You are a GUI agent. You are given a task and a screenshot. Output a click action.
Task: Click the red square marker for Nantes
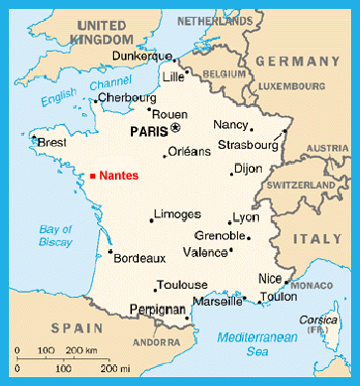92,176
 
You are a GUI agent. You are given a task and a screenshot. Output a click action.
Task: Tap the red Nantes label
119,176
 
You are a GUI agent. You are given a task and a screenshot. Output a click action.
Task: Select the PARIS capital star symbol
176,128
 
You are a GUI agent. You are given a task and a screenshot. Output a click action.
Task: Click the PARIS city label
149,129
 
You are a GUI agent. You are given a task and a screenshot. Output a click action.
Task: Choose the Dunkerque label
140,57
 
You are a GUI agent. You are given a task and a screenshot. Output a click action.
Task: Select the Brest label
54,143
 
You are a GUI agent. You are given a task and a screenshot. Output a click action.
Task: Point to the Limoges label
179,213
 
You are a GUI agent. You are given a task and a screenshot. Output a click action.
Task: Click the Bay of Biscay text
56,235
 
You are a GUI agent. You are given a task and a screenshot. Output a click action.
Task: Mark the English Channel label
73,95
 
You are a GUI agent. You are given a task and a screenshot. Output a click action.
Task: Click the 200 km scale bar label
82,351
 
